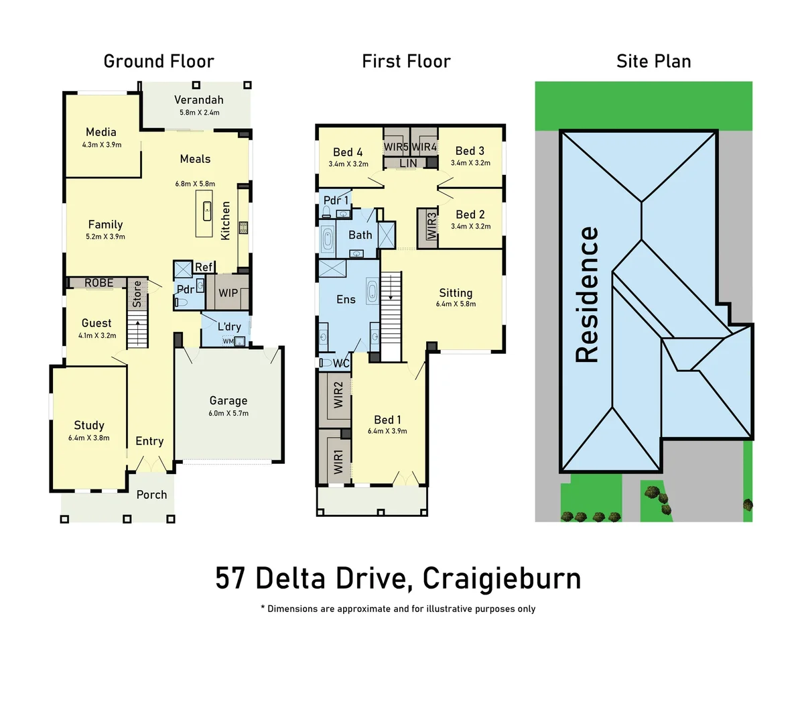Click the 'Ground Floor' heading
pos(159,62)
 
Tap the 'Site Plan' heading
pos(653,62)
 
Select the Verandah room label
pos(199,100)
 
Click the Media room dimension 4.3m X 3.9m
pos(102,145)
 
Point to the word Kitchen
pos(226,221)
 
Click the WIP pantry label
pos(228,293)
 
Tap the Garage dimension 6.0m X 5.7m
pos(228,414)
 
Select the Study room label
pos(89,425)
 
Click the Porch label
pos(151,495)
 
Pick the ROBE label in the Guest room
pos(99,283)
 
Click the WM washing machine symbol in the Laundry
pos(228,341)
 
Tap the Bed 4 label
pos(348,152)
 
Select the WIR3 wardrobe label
pos(431,227)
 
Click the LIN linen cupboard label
pos(408,163)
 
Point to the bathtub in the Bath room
pos(328,239)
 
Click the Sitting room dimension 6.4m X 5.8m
pos(456,304)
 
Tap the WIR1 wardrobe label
pos(338,462)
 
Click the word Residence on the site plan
pos(587,294)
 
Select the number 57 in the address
pos(230,579)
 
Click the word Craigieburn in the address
pos(502,579)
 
